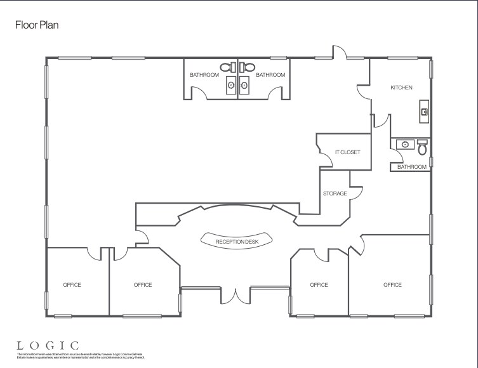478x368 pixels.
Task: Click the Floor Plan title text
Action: tap(37, 25)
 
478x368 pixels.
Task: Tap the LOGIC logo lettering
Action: tap(48, 345)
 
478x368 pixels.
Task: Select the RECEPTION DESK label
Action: tap(237, 241)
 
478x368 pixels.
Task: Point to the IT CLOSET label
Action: tap(348, 152)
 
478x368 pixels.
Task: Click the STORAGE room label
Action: tap(335, 194)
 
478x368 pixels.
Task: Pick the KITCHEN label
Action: tap(401, 88)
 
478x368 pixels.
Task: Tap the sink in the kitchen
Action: tap(424, 112)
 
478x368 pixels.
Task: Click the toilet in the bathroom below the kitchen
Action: tap(422, 147)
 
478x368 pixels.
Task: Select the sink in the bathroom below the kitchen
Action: tap(402, 145)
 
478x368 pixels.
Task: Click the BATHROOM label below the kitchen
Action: tap(412, 167)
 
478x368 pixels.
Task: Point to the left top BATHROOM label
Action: tap(204, 75)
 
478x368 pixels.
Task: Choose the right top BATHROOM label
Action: tap(270, 75)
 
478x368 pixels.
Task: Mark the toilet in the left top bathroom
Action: tap(227, 66)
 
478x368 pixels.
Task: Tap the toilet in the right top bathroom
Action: tap(248, 66)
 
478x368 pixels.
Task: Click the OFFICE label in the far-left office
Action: tap(72, 285)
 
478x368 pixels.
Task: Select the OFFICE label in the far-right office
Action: tap(392, 285)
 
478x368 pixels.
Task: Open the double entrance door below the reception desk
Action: tap(236, 295)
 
